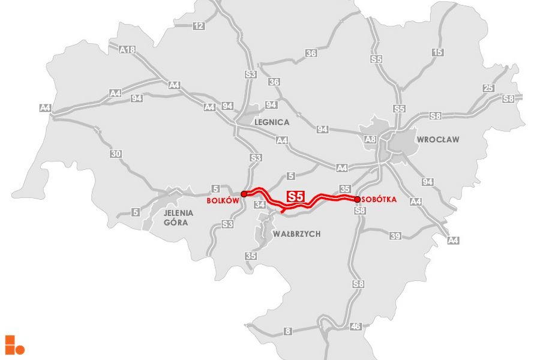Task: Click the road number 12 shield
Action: (199, 26)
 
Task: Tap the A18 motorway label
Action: (127, 50)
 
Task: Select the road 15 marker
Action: (438, 53)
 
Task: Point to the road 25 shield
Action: (488, 89)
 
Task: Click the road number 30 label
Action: (116, 154)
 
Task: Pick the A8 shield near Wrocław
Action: (370, 140)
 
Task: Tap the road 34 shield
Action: (260, 205)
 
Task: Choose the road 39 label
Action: (395, 236)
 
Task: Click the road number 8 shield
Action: (288, 331)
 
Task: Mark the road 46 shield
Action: (356, 326)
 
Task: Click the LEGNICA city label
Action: (272, 122)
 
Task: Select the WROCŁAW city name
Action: (438, 140)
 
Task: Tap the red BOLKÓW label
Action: (223, 201)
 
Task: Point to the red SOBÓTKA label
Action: (379, 200)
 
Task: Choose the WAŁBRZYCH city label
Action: (296, 233)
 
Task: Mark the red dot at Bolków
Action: (244, 194)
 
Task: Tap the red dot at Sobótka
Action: (357, 199)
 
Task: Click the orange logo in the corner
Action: (14, 344)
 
